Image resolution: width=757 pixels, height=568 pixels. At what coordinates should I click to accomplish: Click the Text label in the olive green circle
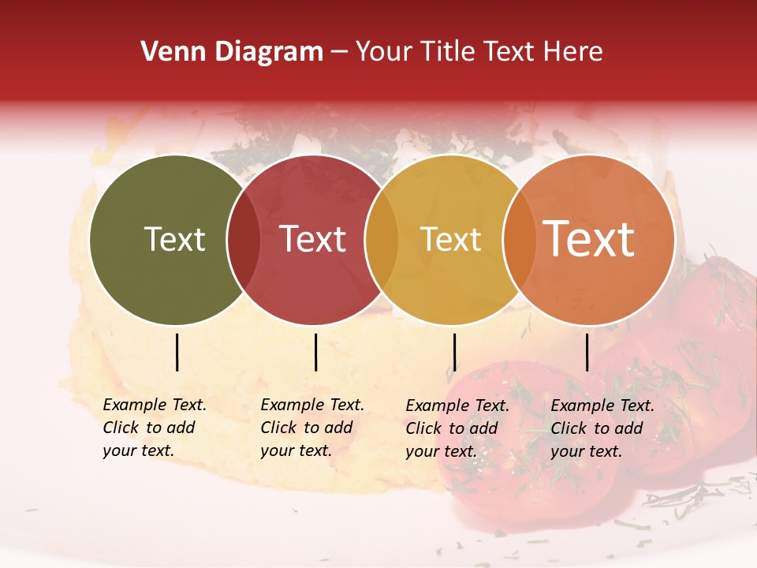point(174,239)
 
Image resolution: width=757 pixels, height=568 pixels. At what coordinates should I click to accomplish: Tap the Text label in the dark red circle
point(313,239)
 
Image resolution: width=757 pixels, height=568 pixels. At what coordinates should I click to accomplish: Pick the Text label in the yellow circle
point(450,239)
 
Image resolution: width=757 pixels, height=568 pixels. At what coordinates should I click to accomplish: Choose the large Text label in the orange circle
point(589,239)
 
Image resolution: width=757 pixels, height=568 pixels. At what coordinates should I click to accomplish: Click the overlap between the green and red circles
point(244,240)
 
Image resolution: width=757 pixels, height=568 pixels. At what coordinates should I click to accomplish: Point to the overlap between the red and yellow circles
point(381,240)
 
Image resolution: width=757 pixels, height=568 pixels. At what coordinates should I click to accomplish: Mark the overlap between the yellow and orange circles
point(518,240)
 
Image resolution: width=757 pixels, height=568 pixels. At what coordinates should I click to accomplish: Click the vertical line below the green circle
point(177,352)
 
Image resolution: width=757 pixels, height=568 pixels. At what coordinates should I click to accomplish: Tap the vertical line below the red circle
point(315,352)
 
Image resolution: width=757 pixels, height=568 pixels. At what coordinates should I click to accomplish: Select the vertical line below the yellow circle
point(454,352)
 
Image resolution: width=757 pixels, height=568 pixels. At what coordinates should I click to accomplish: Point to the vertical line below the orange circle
point(587,352)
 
